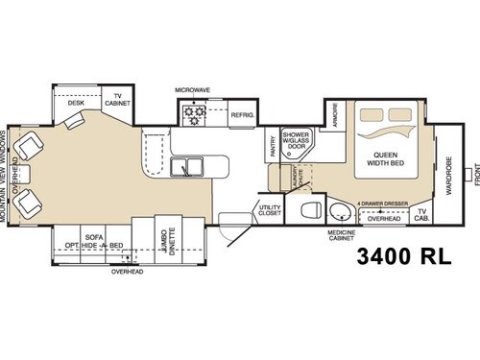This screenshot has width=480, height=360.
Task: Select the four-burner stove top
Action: pos(197,115)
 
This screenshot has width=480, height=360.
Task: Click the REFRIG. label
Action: pos(240,114)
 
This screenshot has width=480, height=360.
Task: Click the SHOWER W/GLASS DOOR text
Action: pos(296,139)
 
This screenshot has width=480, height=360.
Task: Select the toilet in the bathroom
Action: pos(309,211)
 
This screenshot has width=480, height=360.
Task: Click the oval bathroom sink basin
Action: pos(341,210)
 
